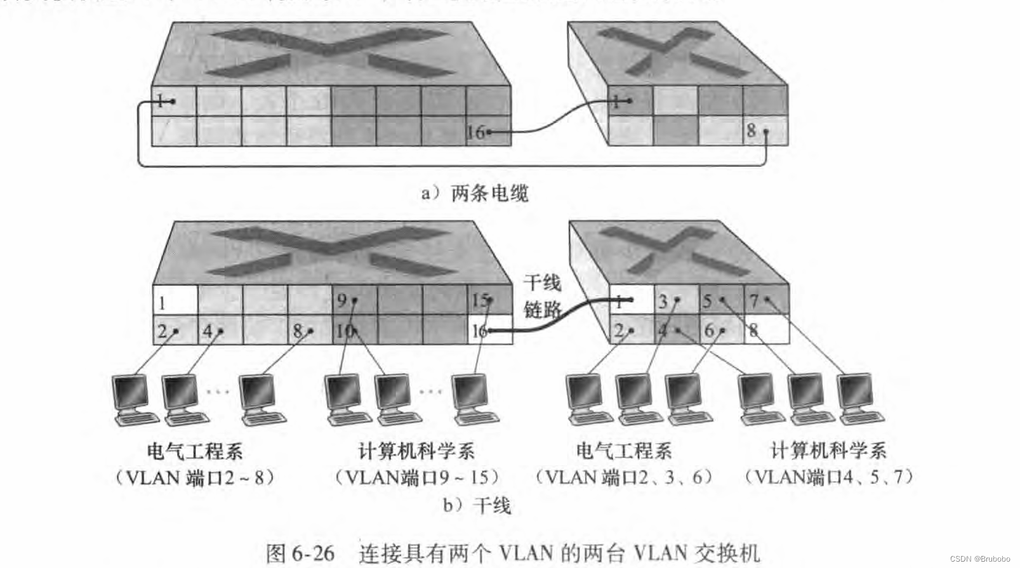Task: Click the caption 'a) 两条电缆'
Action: click(x=475, y=193)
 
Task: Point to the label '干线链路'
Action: click(x=542, y=296)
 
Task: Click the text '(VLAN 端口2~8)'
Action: click(x=195, y=477)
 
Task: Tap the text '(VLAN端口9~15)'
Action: click(x=417, y=477)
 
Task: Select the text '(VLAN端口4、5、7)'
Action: click(x=829, y=477)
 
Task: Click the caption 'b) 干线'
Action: click(x=477, y=506)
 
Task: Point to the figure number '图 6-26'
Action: click(x=300, y=553)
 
